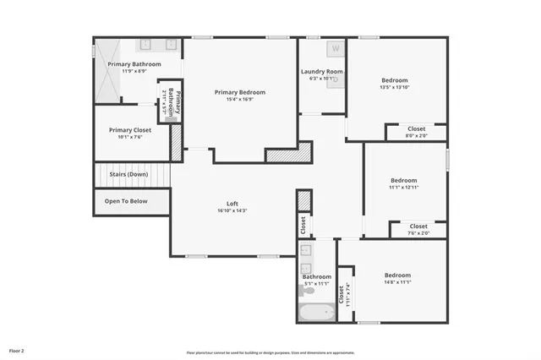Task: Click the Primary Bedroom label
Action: pos(239,92)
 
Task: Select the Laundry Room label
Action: pos(322,72)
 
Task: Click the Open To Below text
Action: pos(126,201)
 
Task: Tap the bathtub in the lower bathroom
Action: pos(316,313)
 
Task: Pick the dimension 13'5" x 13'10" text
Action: pos(395,87)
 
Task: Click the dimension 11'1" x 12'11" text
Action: pos(403,187)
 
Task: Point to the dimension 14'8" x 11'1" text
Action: pos(397,282)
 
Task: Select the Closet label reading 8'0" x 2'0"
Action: pos(417,132)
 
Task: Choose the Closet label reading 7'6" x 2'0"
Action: pos(418,230)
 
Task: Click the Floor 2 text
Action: pos(17,350)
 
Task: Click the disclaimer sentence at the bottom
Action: pos(270,352)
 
